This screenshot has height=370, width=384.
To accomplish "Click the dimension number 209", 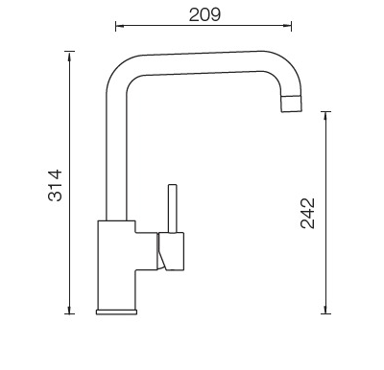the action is pos(204,14).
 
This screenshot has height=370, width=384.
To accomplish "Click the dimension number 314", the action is pos(55,185).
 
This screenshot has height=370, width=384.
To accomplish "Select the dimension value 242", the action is pos(307,213).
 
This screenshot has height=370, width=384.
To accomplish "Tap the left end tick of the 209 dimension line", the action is pos(115,26).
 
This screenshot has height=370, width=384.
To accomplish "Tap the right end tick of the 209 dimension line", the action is pos(291,26).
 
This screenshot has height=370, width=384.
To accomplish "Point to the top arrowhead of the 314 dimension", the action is pos(69,55).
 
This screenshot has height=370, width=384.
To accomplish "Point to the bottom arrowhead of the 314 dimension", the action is pos(69,311).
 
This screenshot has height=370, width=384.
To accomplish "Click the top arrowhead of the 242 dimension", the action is pos(325,115).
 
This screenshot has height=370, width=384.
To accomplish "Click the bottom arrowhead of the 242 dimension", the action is pos(325,310).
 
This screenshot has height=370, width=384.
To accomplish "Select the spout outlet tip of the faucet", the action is pos(292,104).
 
